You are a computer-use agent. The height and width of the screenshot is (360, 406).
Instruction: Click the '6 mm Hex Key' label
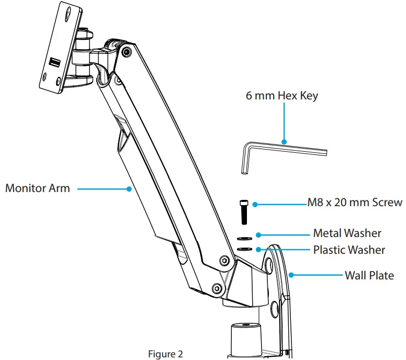click(282, 96)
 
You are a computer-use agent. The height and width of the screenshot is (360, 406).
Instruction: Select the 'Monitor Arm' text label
click(37, 188)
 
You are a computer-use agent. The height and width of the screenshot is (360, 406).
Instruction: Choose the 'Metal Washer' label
click(347, 233)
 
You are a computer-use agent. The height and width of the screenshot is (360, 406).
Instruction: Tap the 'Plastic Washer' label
click(348, 250)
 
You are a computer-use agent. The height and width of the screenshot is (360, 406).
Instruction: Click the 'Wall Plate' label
click(368, 275)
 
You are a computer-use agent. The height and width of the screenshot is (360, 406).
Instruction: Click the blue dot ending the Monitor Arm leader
click(129, 188)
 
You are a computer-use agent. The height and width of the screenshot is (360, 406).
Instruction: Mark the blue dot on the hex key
click(283, 141)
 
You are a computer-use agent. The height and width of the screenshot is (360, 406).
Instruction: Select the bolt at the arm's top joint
click(126, 52)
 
